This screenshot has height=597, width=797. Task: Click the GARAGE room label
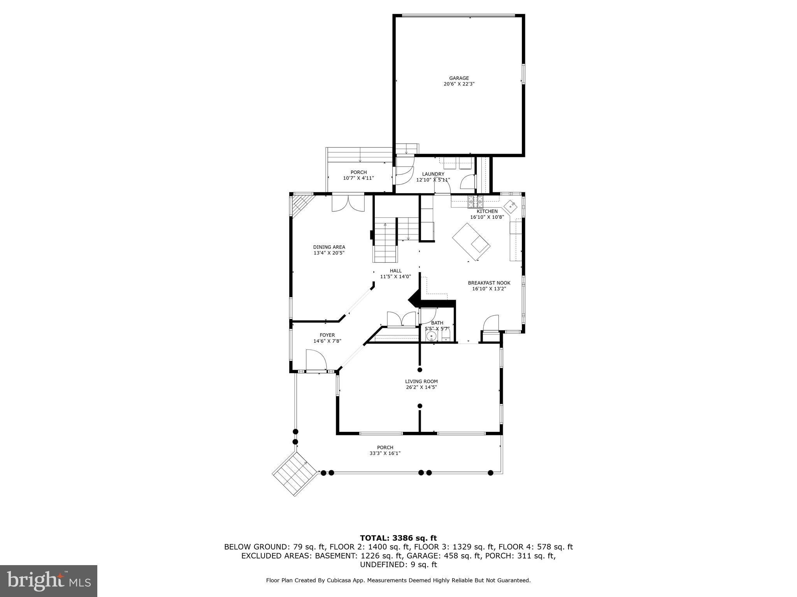click(459, 78)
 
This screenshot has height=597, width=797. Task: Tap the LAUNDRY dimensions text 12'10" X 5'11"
click(433, 180)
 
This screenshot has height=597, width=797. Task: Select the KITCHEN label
click(487, 211)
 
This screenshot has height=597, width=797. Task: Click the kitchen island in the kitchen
click(470, 242)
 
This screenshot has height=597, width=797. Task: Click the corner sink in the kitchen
click(510, 205)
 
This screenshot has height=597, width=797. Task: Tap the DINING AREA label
click(329, 247)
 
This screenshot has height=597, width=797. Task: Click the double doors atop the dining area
click(348, 203)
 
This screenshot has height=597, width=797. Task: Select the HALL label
click(395, 271)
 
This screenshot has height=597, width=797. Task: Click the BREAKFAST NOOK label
click(489, 283)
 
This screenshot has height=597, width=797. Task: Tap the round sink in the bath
click(431, 336)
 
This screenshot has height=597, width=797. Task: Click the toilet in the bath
click(446, 335)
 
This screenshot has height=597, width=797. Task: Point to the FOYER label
click(327, 335)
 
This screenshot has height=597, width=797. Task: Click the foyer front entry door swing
click(315, 360)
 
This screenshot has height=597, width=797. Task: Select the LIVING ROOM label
click(421, 381)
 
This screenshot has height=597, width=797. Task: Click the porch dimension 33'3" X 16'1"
click(385, 453)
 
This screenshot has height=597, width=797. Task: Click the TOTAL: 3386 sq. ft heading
click(398, 538)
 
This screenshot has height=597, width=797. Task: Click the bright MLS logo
click(49, 581)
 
